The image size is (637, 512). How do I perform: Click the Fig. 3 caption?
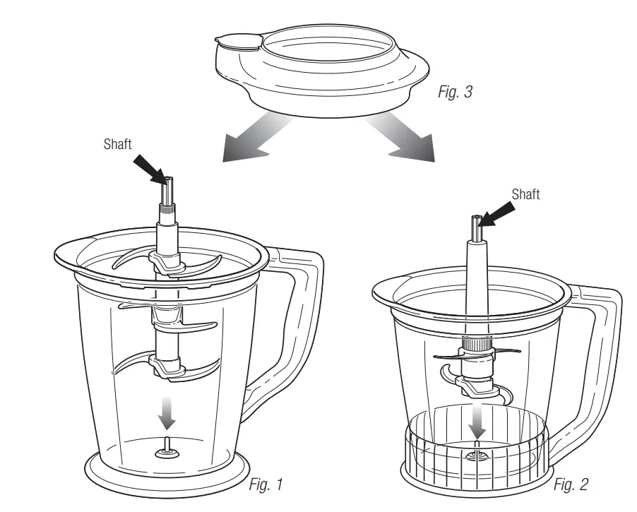[455, 93]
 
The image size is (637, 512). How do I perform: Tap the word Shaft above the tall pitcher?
[118, 144]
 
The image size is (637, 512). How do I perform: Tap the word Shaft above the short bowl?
[525, 194]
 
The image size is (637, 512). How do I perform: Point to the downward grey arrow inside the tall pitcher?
[166, 412]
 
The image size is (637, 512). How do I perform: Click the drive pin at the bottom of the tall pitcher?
[167, 446]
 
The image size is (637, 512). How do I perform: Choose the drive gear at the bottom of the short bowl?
[477, 456]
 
